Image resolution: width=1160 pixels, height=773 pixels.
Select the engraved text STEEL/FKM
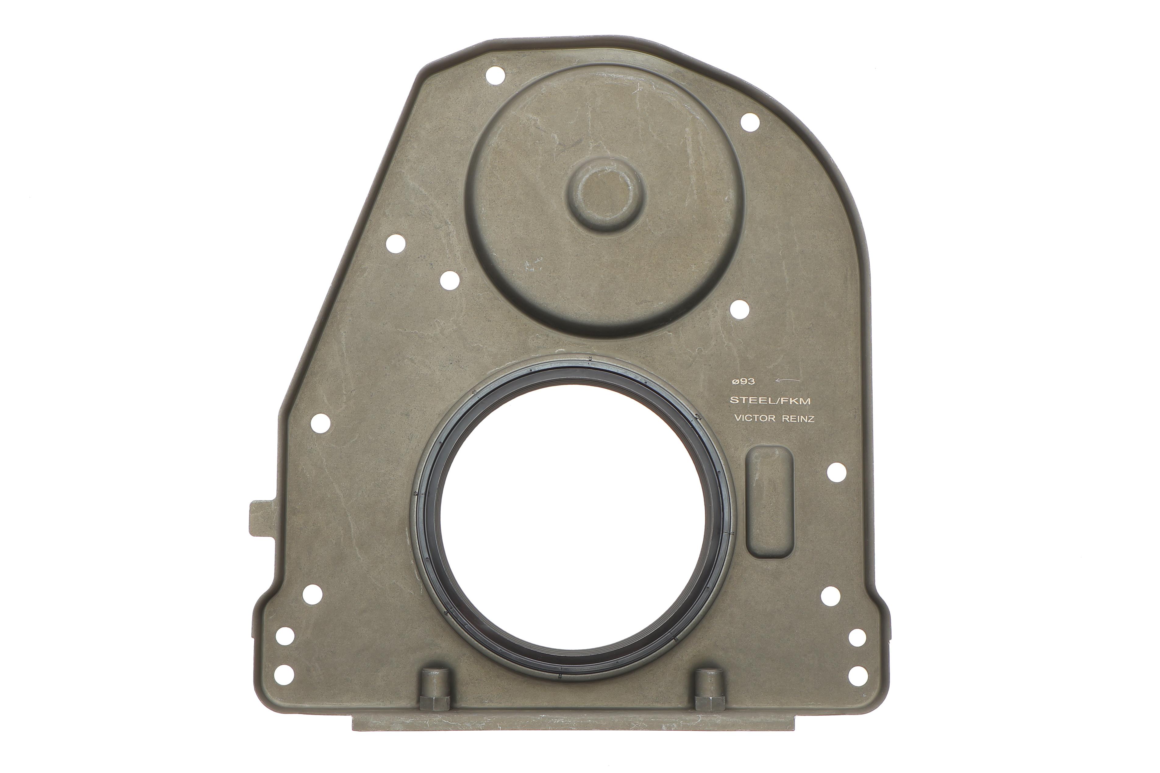tap(770, 401)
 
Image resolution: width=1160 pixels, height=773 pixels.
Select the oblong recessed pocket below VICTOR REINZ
tap(769, 502)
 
